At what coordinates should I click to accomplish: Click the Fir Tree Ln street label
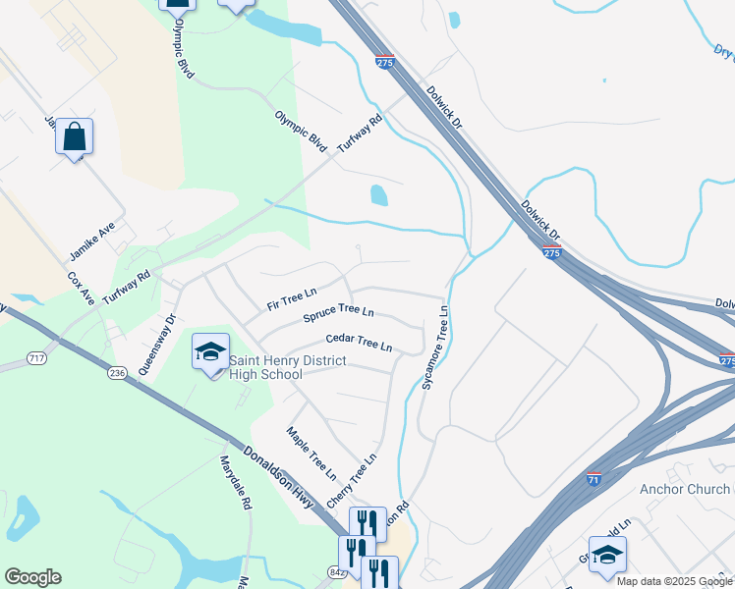[x=292, y=298]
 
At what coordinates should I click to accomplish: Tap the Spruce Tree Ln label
[x=338, y=315]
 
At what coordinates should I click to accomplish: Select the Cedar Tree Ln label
[x=360, y=343]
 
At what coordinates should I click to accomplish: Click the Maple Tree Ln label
[x=311, y=454]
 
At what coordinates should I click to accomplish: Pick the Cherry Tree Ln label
[x=352, y=480]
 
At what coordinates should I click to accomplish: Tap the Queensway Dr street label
[x=156, y=345]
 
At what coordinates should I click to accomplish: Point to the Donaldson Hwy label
[x=278, y=477]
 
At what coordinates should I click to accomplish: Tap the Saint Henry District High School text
[x=287, y=367]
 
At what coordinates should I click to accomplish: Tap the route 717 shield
[x=37, y=359]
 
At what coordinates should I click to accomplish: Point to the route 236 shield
[x=118, y=373]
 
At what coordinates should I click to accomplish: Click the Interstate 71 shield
[x=594, y=479]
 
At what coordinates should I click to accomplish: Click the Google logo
[x=32, y=577]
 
